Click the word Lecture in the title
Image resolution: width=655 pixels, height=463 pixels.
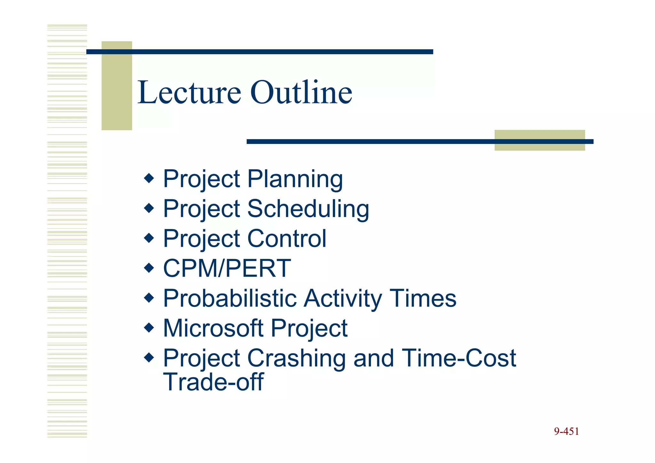189,93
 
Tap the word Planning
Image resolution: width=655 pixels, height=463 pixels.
295,179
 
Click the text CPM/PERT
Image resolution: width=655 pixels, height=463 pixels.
227,268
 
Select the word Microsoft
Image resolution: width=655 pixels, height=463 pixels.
213,328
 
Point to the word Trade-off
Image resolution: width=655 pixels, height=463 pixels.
213,382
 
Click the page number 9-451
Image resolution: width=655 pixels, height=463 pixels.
566,432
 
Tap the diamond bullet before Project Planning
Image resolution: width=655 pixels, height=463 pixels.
149,178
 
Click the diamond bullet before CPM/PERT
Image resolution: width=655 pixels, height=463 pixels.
149,267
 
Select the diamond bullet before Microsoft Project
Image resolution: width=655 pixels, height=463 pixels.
149,327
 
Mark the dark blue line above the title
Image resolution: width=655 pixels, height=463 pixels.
260,52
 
